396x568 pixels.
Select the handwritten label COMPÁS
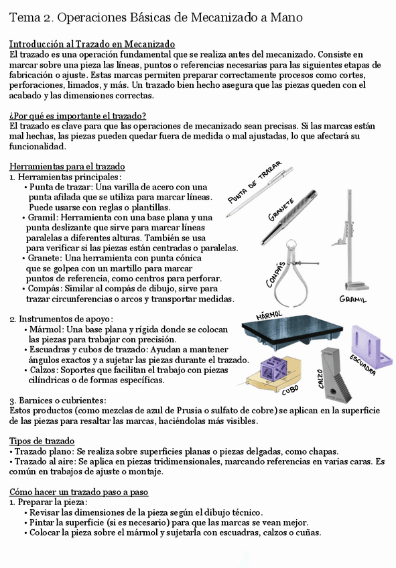[x=277, y=273]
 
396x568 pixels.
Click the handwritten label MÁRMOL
[x=269, y=314]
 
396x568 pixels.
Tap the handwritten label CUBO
[x=289, y=389]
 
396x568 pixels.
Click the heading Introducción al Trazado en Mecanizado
[x=92, y=44]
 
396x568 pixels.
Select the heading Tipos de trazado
[x=42, y=441]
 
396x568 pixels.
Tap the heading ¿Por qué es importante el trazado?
[x=78, y=116]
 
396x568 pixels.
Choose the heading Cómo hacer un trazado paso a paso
[x=78, y=492]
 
